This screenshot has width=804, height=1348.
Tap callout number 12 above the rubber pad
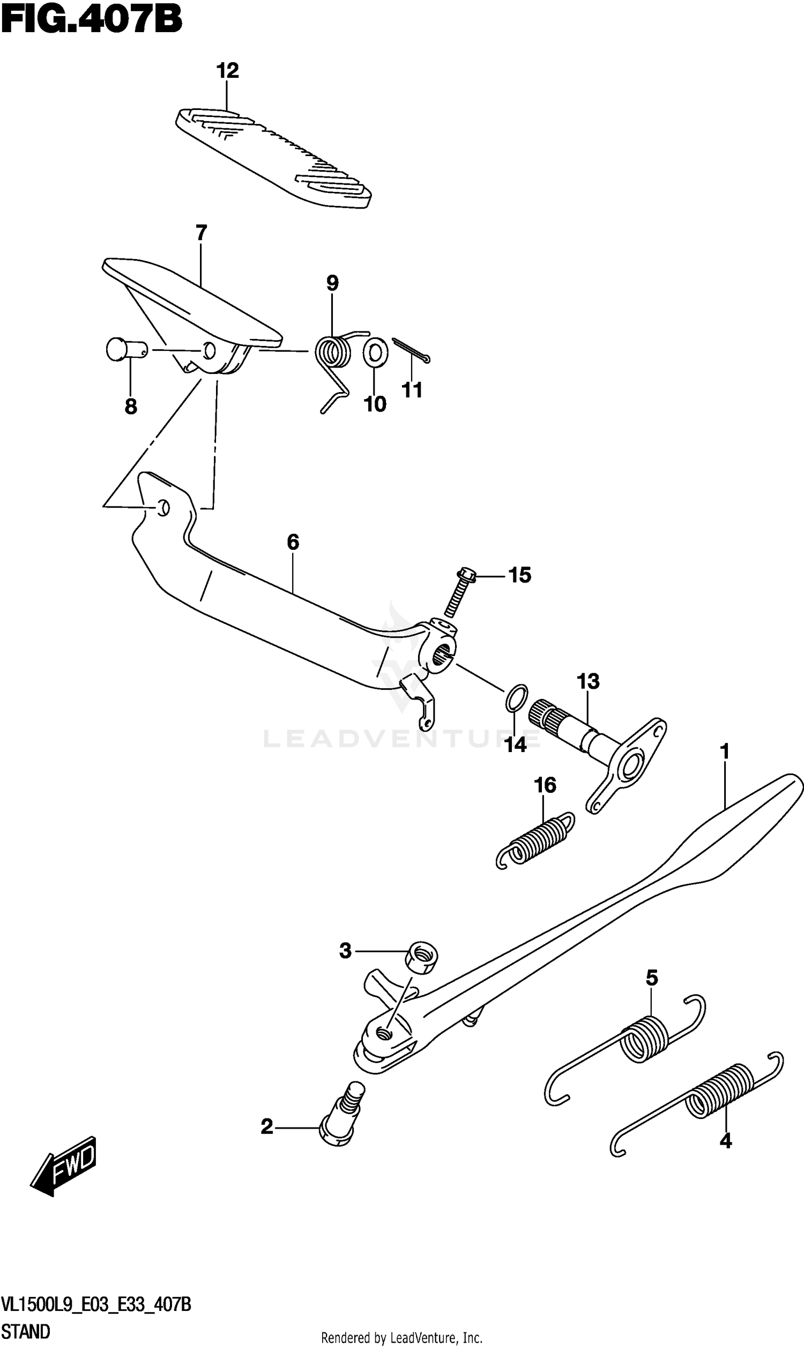click(x=228, y=70)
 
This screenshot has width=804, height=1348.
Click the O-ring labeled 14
click(x=516, y=697)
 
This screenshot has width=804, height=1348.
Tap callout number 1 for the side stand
click(x=725, y=752)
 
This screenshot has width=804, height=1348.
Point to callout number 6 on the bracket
click(x=293, y=541)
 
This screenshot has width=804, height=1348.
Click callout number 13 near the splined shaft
click(x=589, y=681)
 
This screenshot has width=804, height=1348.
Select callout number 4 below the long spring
click(x=725, y=1141)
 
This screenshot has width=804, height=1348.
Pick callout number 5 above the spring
click(x=652, y=978)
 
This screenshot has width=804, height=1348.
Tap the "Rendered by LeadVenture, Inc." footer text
click(x=401, y=1338)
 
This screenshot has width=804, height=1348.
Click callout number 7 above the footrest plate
click(x=201, y=233)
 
